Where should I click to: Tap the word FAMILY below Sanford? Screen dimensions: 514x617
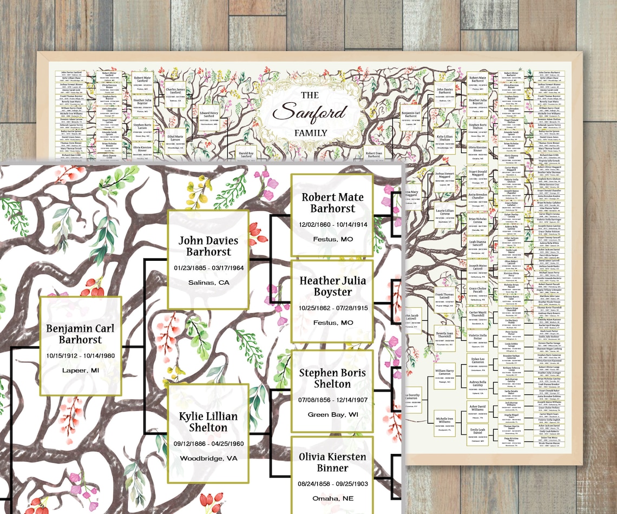(310, 133)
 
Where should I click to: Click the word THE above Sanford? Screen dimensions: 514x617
(310, 95)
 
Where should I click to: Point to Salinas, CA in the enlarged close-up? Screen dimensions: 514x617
(208, 282)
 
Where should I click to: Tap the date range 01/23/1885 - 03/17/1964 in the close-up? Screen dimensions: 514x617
(208, 267)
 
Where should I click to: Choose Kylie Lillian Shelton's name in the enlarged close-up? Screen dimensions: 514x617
(208, 422)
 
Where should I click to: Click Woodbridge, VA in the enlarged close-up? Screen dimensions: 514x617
(208, 458)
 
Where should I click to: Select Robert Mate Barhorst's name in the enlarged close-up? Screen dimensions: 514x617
(332, 203)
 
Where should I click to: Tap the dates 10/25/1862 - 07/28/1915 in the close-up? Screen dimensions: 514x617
(332, 308)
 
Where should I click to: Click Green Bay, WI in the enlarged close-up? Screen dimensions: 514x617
(332, 414)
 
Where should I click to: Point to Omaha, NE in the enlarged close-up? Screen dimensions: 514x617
(332, 498)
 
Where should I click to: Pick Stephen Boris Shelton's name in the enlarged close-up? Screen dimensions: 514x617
(332, 378)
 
